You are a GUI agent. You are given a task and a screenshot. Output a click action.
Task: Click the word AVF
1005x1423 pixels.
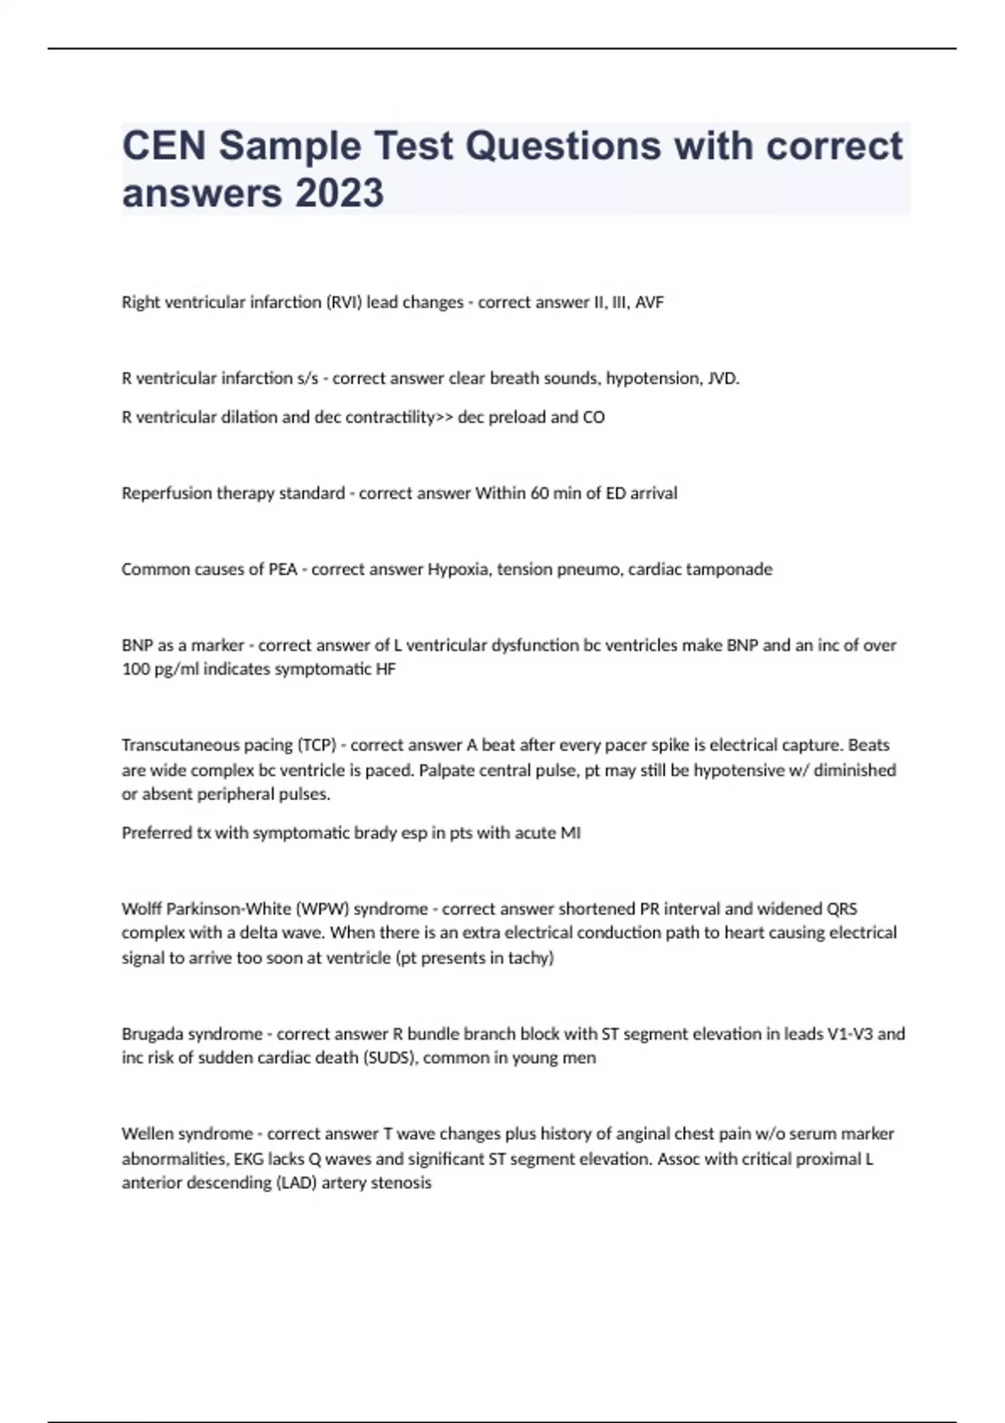[x=649, y=302]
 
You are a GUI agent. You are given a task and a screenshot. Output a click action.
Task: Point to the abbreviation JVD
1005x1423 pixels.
[x=724, y=378]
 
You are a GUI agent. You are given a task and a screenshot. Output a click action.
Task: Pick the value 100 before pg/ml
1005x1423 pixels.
[x=135, y=669]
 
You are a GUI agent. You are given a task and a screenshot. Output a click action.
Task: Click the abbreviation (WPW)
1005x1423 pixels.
[x=320, y=908]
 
